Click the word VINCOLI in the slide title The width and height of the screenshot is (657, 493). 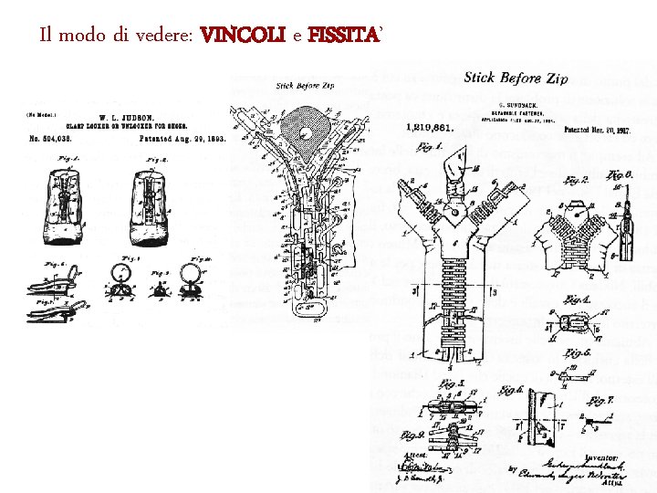tap(243, 37)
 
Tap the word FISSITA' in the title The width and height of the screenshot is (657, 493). tap(346, 37)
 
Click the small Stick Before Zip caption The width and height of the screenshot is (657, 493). tap(304, 87)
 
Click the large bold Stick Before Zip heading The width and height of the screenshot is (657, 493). tap(516, 79)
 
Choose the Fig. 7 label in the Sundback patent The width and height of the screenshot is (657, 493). tap(598, 400)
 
